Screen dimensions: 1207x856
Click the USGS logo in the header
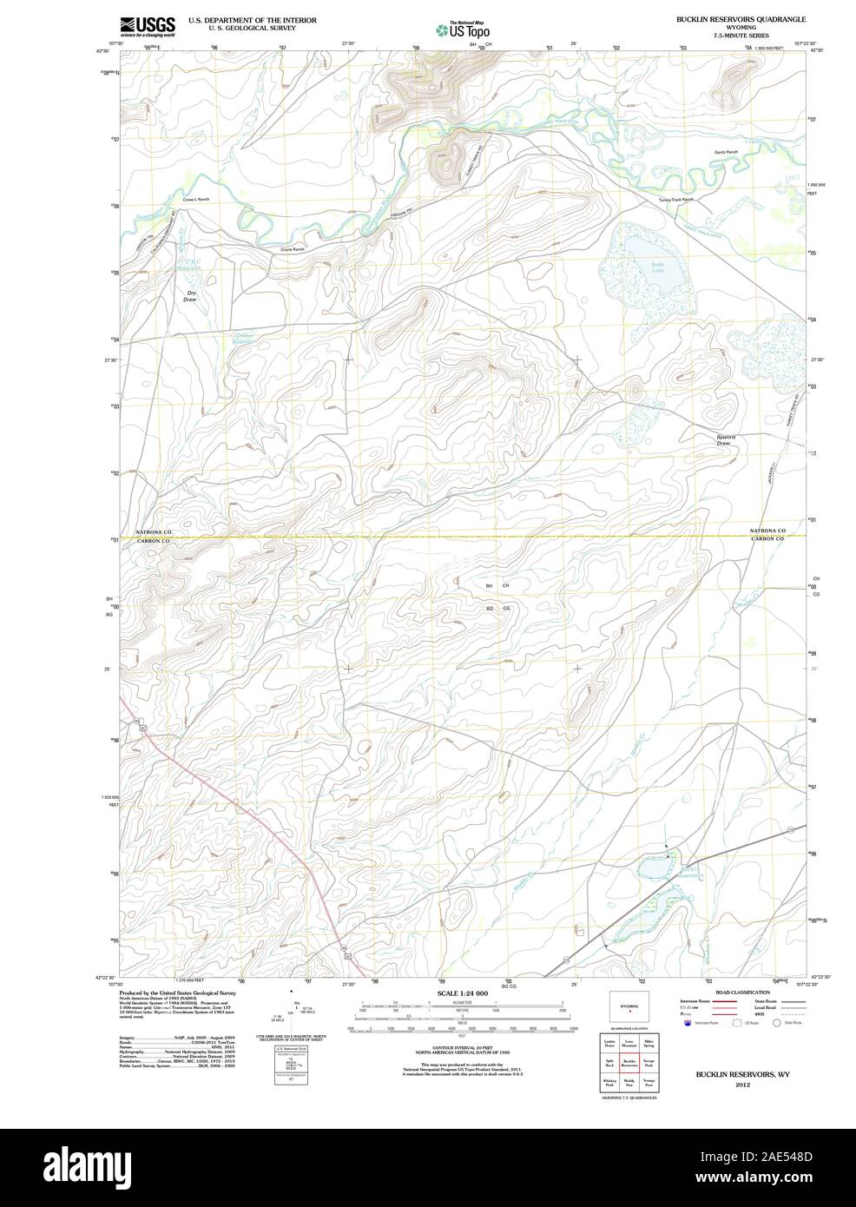pyautogui.click(x=148, y=26)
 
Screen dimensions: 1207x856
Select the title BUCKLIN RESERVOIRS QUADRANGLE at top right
pyautogui.click(x=741, y=18)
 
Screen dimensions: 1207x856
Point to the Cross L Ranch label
pyautogui.click(x=196, y=200)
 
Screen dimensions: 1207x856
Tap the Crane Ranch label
pyautogui.click(x=292, y=249)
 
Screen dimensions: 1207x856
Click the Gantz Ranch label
pyautogui.click(x=726, y=152)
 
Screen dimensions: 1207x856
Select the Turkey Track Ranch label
pyautogui.click(x=676, y=201)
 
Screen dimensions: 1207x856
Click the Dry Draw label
pyautogui.click(x=192, y=297)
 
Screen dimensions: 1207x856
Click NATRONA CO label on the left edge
pyautogui.click(x=155, y=531)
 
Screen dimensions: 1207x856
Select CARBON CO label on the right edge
pyautogui.click(x=767, y=539)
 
